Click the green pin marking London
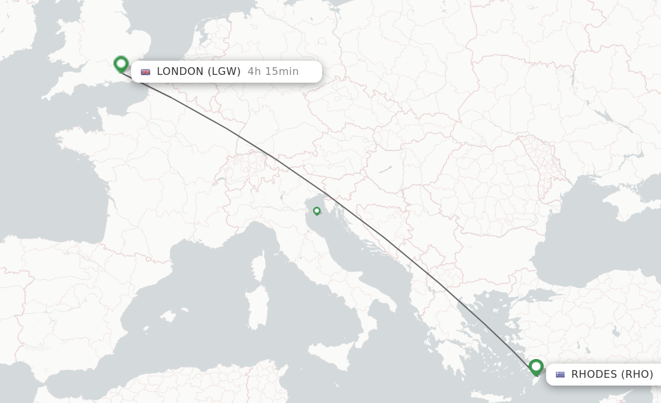tap(121, 63)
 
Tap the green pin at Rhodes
tap(536, 367)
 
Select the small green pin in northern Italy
tap(316, 211)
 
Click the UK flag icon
tap(145, 72)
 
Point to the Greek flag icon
tap(560, 375)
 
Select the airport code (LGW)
tap(224, 72)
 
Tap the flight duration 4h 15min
tap(273, 72)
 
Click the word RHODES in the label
tap(594, 374)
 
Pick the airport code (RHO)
tap(637, 374)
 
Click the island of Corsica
tap(258, 271)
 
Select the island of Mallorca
tap(168, 316)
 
